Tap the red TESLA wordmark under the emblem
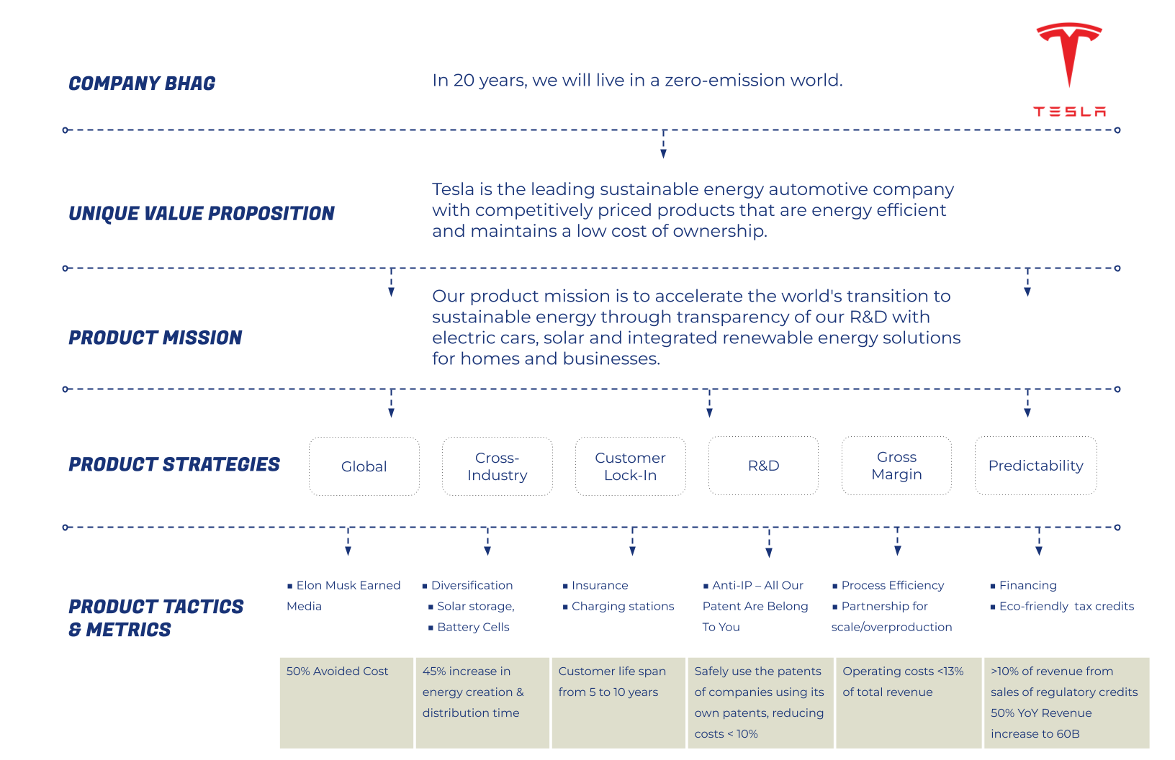[x=1070, y=112]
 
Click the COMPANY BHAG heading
[x=142, y=83]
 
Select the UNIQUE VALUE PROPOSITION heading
[x=202, y=214]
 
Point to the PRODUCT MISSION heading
[x=156, y=338]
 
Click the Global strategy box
[x=364, y=466]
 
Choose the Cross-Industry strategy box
[x=498, y=466]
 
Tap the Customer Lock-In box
[x=631, y=466]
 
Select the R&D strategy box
[x=764, y=466]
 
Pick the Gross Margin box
[x=897, y=466]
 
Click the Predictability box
[x=1036, y=466]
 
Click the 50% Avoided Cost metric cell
[x=346, y=703]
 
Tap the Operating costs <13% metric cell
[x=909, y=703]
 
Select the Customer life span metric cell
[x=618, y=703]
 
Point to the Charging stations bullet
[x=618, y=606]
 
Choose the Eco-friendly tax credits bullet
[x=1062, y=606]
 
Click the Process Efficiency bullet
[x=888, y=585]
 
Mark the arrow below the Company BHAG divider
[x=664, y=144]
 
